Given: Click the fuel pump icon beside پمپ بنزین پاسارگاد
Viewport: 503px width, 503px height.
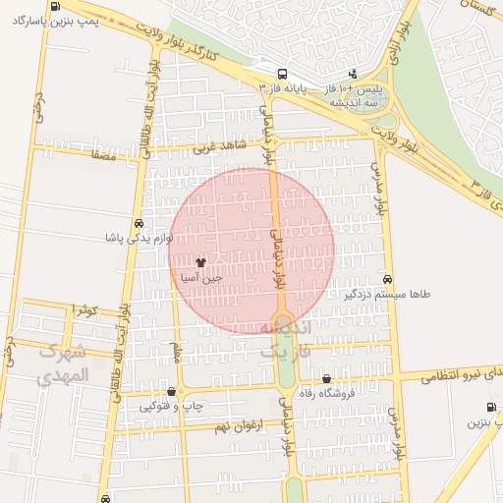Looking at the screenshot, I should (52, 6).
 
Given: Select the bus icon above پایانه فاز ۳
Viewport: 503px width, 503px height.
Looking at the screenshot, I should (283, 74).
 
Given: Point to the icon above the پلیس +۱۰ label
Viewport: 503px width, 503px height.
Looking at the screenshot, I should (356, 74).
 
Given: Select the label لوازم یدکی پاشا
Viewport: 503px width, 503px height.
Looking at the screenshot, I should (140, 238).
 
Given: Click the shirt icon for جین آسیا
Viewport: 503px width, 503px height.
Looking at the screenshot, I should (201, 262).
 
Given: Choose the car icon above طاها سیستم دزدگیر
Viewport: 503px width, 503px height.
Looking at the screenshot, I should (389, 279).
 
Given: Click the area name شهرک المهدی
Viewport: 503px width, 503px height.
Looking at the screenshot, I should (63, 363).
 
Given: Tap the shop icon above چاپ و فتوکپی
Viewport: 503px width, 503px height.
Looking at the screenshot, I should (172, 391).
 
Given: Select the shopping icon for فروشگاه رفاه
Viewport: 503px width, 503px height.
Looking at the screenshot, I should (326, 379).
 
